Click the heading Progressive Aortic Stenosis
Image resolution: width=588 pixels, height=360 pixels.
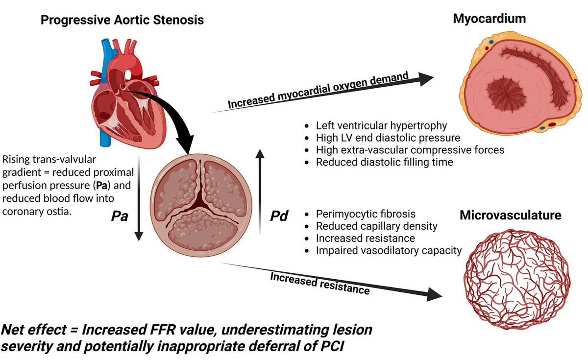click(x=122, y=20)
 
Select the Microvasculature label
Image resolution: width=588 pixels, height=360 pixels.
click(x=510, y=216)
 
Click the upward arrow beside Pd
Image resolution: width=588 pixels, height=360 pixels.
click(x=261, y=191)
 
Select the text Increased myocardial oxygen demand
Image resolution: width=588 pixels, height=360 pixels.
click(x=318, y=91)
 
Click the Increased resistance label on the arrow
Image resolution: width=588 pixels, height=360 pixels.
click(x=319, y=284)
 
